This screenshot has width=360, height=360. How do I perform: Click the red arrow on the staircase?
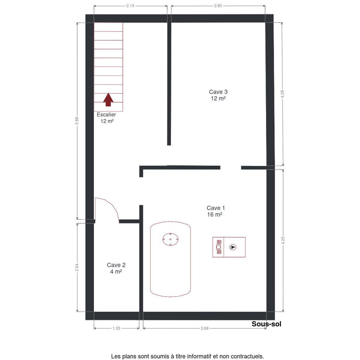(108, 100)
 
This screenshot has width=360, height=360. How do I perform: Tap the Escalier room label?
(106, 115)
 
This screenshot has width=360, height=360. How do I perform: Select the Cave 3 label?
(218, 92)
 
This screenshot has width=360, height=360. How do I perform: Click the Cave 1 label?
(216, 208)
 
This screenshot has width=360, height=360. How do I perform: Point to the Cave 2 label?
(116, 265)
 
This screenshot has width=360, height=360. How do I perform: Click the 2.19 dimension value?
(130, 6)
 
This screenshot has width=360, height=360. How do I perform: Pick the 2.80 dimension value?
(218, 6)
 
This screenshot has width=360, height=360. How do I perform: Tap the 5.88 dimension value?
(77, 121)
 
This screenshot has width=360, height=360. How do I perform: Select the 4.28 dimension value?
(282, 94)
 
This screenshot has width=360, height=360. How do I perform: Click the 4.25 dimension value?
(283, 240)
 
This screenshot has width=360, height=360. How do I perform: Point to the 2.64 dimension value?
(77, 268)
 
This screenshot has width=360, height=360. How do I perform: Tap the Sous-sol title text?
(266, 324)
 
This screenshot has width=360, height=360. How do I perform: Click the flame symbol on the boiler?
(232, 247)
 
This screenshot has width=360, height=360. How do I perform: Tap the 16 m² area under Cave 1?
(215, 214)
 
